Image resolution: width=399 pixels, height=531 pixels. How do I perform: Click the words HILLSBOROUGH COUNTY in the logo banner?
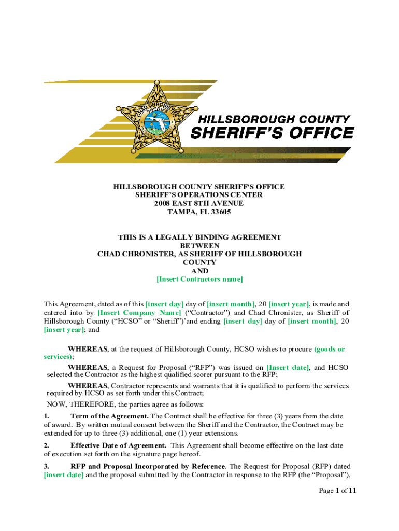click(x=271, y=119)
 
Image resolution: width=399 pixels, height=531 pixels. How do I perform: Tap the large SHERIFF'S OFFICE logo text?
click(x=273, y=133)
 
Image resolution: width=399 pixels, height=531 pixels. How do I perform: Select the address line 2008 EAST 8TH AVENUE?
click(x=199, y=203)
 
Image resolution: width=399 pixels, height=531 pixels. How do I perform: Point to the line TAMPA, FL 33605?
click(x=199, y=212)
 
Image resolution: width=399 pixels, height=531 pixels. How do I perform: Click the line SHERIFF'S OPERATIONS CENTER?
click(x=199, y=195)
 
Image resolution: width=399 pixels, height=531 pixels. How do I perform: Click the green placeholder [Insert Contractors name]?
click(x=199, y=280)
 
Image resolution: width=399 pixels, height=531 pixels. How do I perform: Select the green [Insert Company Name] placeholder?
click(x=139, y=313)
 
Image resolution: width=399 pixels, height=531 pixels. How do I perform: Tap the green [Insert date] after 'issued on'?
click(x=288, y=367)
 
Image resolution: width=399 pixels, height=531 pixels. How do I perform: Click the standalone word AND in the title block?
click(x=199, y=271)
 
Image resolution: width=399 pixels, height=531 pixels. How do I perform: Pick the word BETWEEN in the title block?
click(x=199, y=246)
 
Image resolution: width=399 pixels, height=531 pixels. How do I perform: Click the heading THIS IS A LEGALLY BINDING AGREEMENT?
click(x=199, y=237)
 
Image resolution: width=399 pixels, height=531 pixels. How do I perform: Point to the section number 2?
click(x=47, y=445)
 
